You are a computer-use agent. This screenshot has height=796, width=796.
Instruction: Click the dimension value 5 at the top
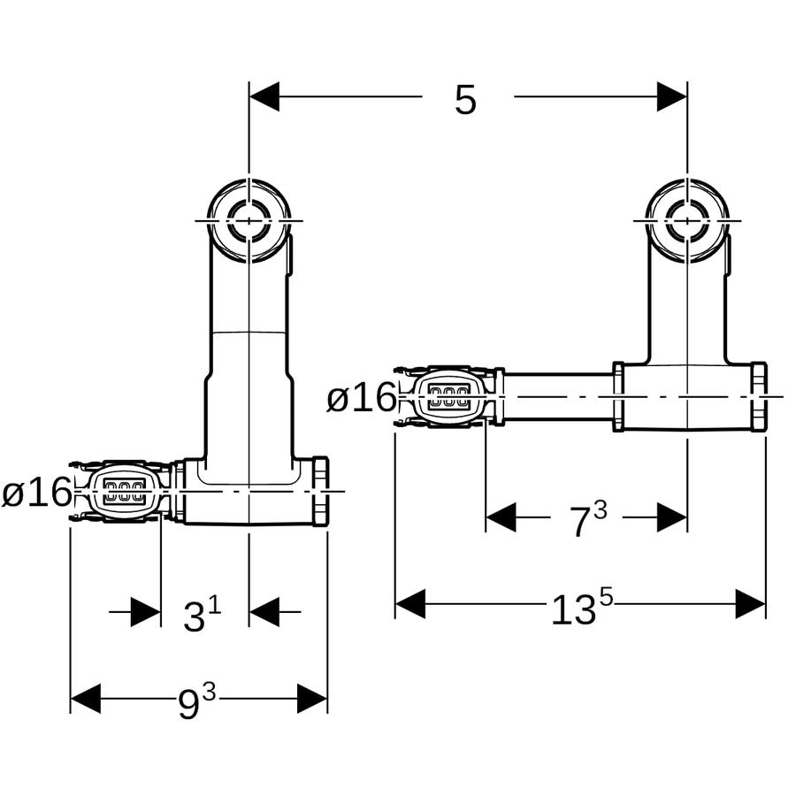click(x=465, y=99)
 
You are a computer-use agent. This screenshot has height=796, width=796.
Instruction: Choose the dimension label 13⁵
click(x=582, y=608)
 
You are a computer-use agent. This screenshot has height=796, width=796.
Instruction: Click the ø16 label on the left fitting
click(x=36, y=492)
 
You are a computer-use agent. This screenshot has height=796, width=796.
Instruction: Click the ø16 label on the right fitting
click(x=361, y=397)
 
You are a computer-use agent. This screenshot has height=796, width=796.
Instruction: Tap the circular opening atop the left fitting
click(x=249, y=221)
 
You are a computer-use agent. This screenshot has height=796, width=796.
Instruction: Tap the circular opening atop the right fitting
click(x=687, y=221)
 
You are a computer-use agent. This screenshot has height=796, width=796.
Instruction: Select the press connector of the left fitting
click(x=122, y=492)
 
